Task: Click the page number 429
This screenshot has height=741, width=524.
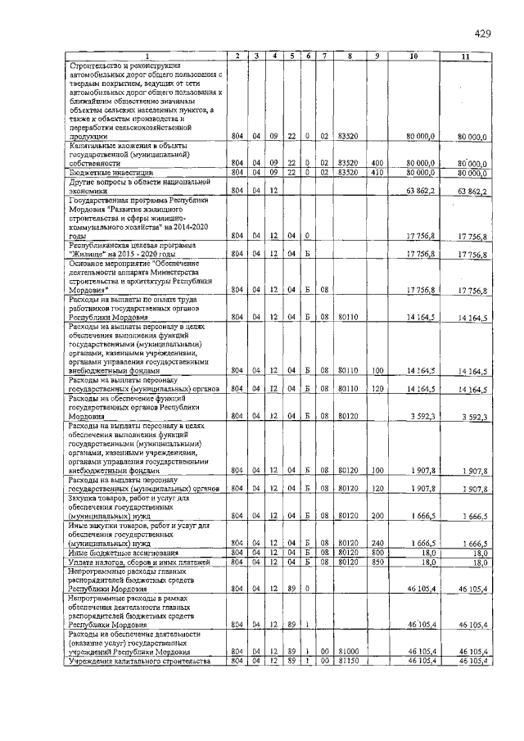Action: [x=481, y=34]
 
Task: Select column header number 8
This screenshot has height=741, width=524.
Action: [x=350, y=56]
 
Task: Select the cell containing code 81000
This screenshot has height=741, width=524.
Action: [x=350, y=651]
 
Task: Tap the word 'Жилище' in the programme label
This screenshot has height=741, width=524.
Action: [x=89, y=254]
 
